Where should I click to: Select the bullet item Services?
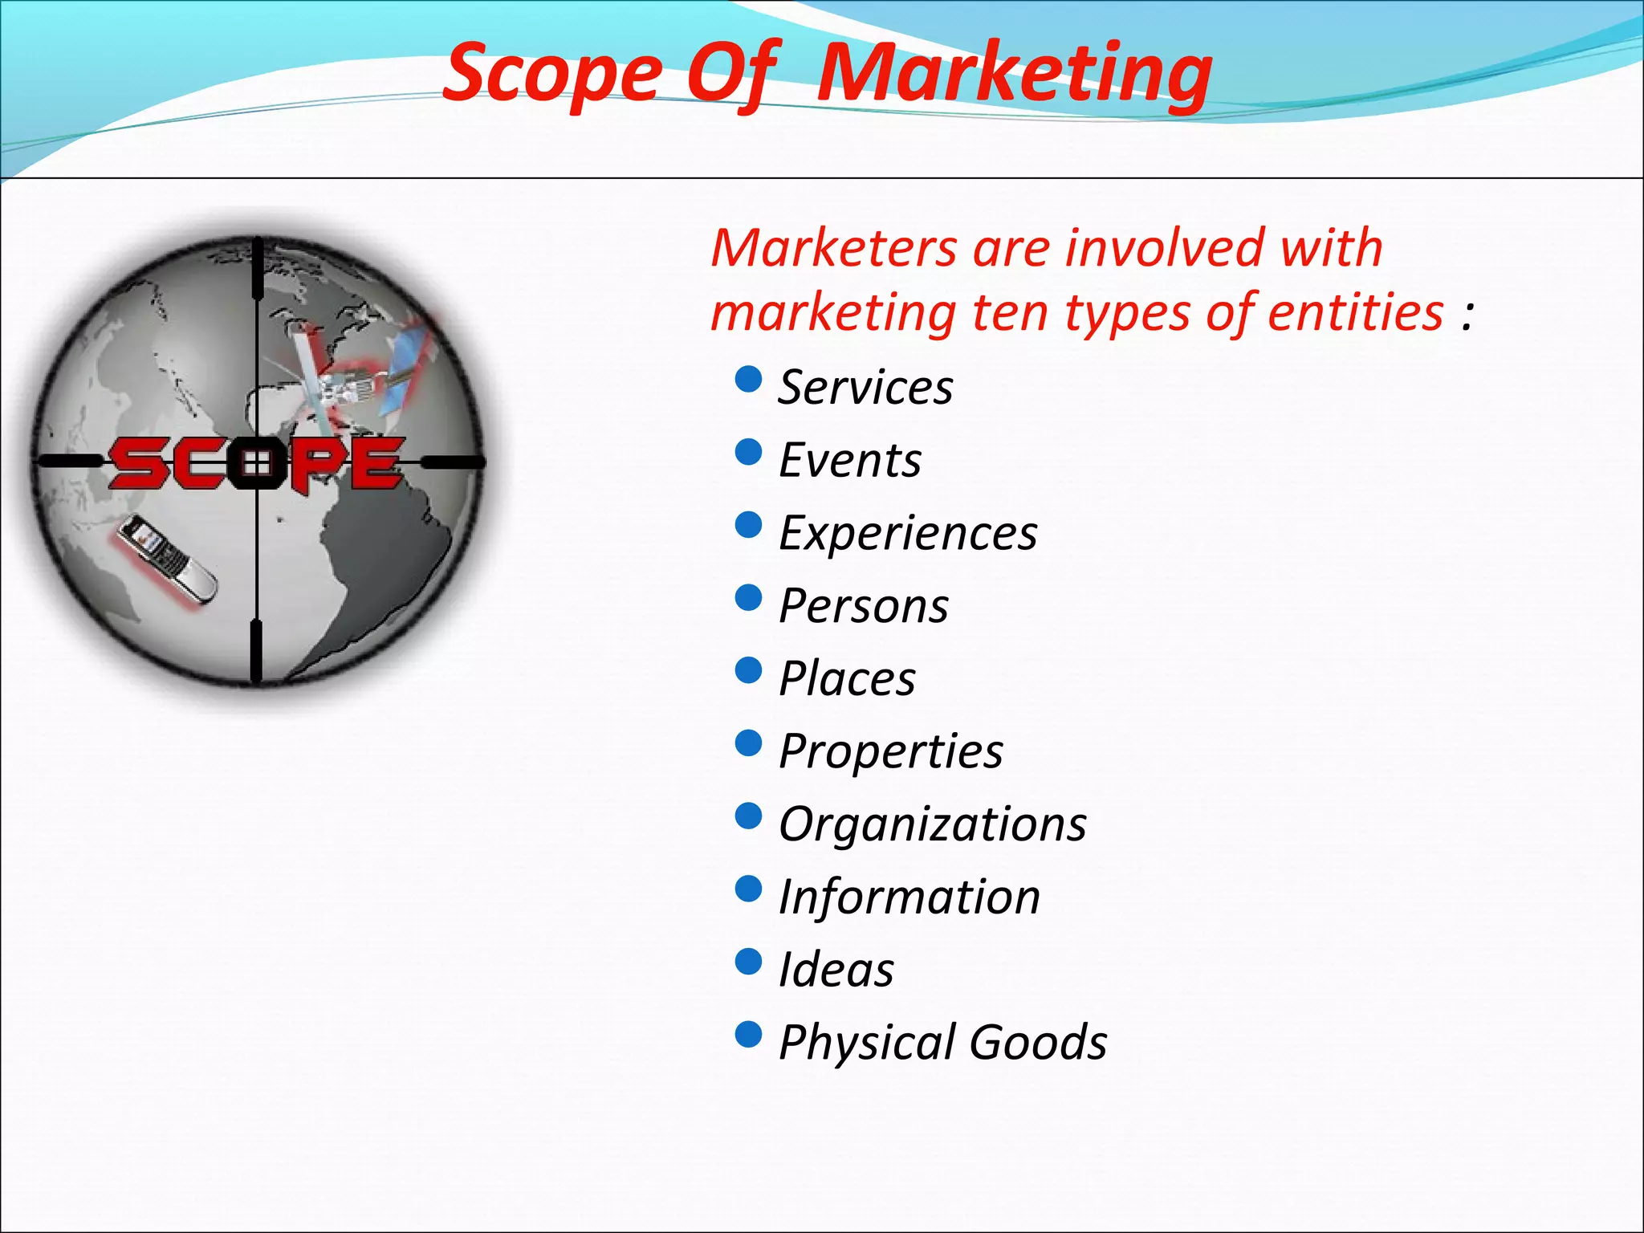click(865, 388)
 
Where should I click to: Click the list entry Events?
click(850, 461)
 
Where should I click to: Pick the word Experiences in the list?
click(908, 534)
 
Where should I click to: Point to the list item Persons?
click(864, 606)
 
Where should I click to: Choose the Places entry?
click(847, 679)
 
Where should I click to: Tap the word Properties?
click(891, 752)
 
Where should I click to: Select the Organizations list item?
click(933, 824)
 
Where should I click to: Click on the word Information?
click(909, 897)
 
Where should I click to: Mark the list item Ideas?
click(836, 970)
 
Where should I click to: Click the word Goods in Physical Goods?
click(1038, 1043)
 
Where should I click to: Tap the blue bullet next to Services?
click(748, 379)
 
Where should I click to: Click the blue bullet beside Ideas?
click(748, 961)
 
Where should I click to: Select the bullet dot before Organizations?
click(748, 816)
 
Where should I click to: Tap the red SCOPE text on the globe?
click(255, 463)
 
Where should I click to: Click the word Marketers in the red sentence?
click(833, 248)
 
